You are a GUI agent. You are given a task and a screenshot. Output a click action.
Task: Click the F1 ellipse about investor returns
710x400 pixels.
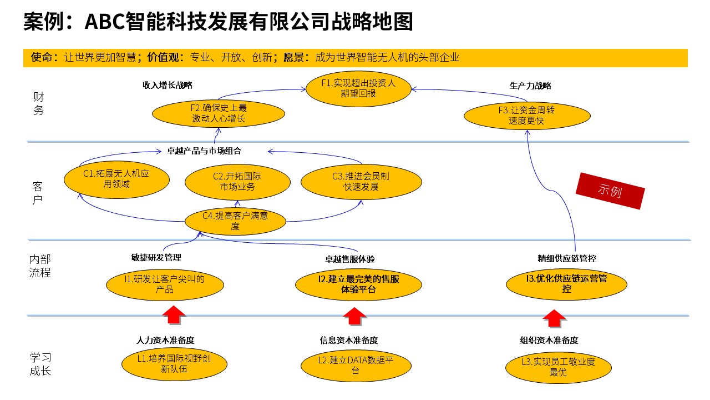tap(358, 88)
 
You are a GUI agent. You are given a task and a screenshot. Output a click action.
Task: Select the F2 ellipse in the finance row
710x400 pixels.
tap(219, 113)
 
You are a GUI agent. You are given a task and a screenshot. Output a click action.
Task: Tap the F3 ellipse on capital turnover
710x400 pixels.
tap(527, 116)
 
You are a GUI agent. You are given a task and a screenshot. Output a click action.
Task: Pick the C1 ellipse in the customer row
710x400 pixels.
tap(116, 179)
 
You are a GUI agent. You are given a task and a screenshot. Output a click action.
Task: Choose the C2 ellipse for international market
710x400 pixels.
tap(237, 182)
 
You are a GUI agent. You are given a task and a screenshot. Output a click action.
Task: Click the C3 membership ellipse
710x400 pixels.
tap(361, 182)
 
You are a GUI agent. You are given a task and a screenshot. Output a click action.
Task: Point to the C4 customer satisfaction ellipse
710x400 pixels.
tap(235, 221)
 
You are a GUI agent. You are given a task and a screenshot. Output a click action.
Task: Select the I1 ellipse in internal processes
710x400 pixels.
tap(165, 284)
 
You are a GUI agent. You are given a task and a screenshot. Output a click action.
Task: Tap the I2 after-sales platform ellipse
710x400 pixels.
tap(358, 284)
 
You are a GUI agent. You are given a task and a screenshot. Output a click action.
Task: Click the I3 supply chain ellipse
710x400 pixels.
tap(566, 284)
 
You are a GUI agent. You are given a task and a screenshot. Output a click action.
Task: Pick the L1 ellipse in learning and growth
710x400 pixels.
tap(174, 364)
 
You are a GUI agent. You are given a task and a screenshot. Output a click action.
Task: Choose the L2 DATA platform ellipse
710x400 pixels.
tap(356, 366)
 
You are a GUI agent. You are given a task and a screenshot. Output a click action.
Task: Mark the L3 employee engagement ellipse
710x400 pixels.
tap(558, 367)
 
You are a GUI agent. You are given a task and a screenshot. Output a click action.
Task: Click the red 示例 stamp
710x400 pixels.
tap(610, 191)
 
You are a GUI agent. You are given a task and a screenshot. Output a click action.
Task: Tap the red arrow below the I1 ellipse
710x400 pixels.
tap(174, 315)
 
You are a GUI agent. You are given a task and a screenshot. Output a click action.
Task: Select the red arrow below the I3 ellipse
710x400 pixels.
tap(554, 318)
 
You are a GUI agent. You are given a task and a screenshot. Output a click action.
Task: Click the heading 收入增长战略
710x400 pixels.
tap(168, 85)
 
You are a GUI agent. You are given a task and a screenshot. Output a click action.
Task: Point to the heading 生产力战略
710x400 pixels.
tap(530, 86)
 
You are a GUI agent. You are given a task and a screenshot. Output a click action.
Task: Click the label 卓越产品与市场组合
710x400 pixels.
tap(204, 151)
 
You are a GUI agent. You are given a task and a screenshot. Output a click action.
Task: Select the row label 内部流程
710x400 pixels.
tap(40, 266)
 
